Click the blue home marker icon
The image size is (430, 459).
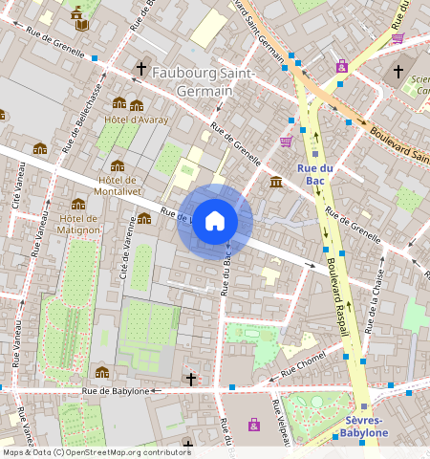(x=215, y=221)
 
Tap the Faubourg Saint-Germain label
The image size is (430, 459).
(x=204, y=83)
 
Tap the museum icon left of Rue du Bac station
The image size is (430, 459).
(x=275, y=182)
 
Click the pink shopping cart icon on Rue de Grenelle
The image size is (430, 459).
(x=286, y=142)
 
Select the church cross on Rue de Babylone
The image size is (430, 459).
(x=190, y=380)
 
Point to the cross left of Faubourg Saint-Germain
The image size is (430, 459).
(x=141, y=69)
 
